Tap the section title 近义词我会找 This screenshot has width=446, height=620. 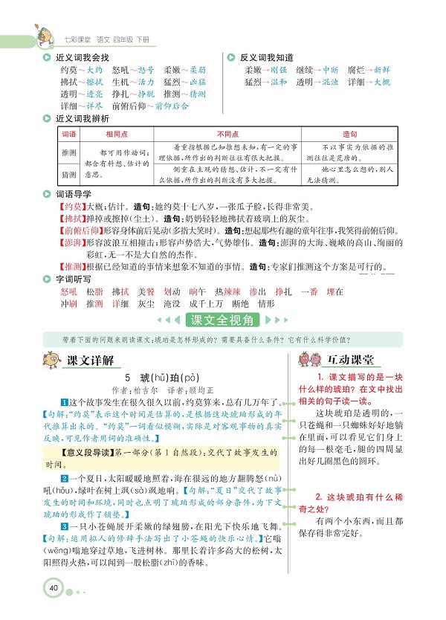point(81,57)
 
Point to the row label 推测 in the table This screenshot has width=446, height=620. point(68,151)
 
